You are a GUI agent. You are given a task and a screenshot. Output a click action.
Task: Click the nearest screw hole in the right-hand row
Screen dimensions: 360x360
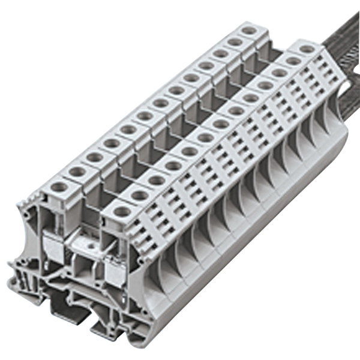pyautogui.click(x=122, y=211)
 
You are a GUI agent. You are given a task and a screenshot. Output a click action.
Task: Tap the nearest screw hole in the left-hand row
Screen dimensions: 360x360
pyautogui.click(x=59, y=187)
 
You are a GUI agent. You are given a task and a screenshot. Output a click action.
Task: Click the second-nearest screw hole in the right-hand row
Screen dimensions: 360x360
pyautogui.click(x=139, y=195)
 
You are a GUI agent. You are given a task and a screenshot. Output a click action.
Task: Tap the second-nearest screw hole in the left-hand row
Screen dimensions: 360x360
pyautogui.click(x=77, y=172)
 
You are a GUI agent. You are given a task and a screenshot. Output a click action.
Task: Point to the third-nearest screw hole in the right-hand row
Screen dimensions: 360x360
pyautogui.click(x=156, y=179)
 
